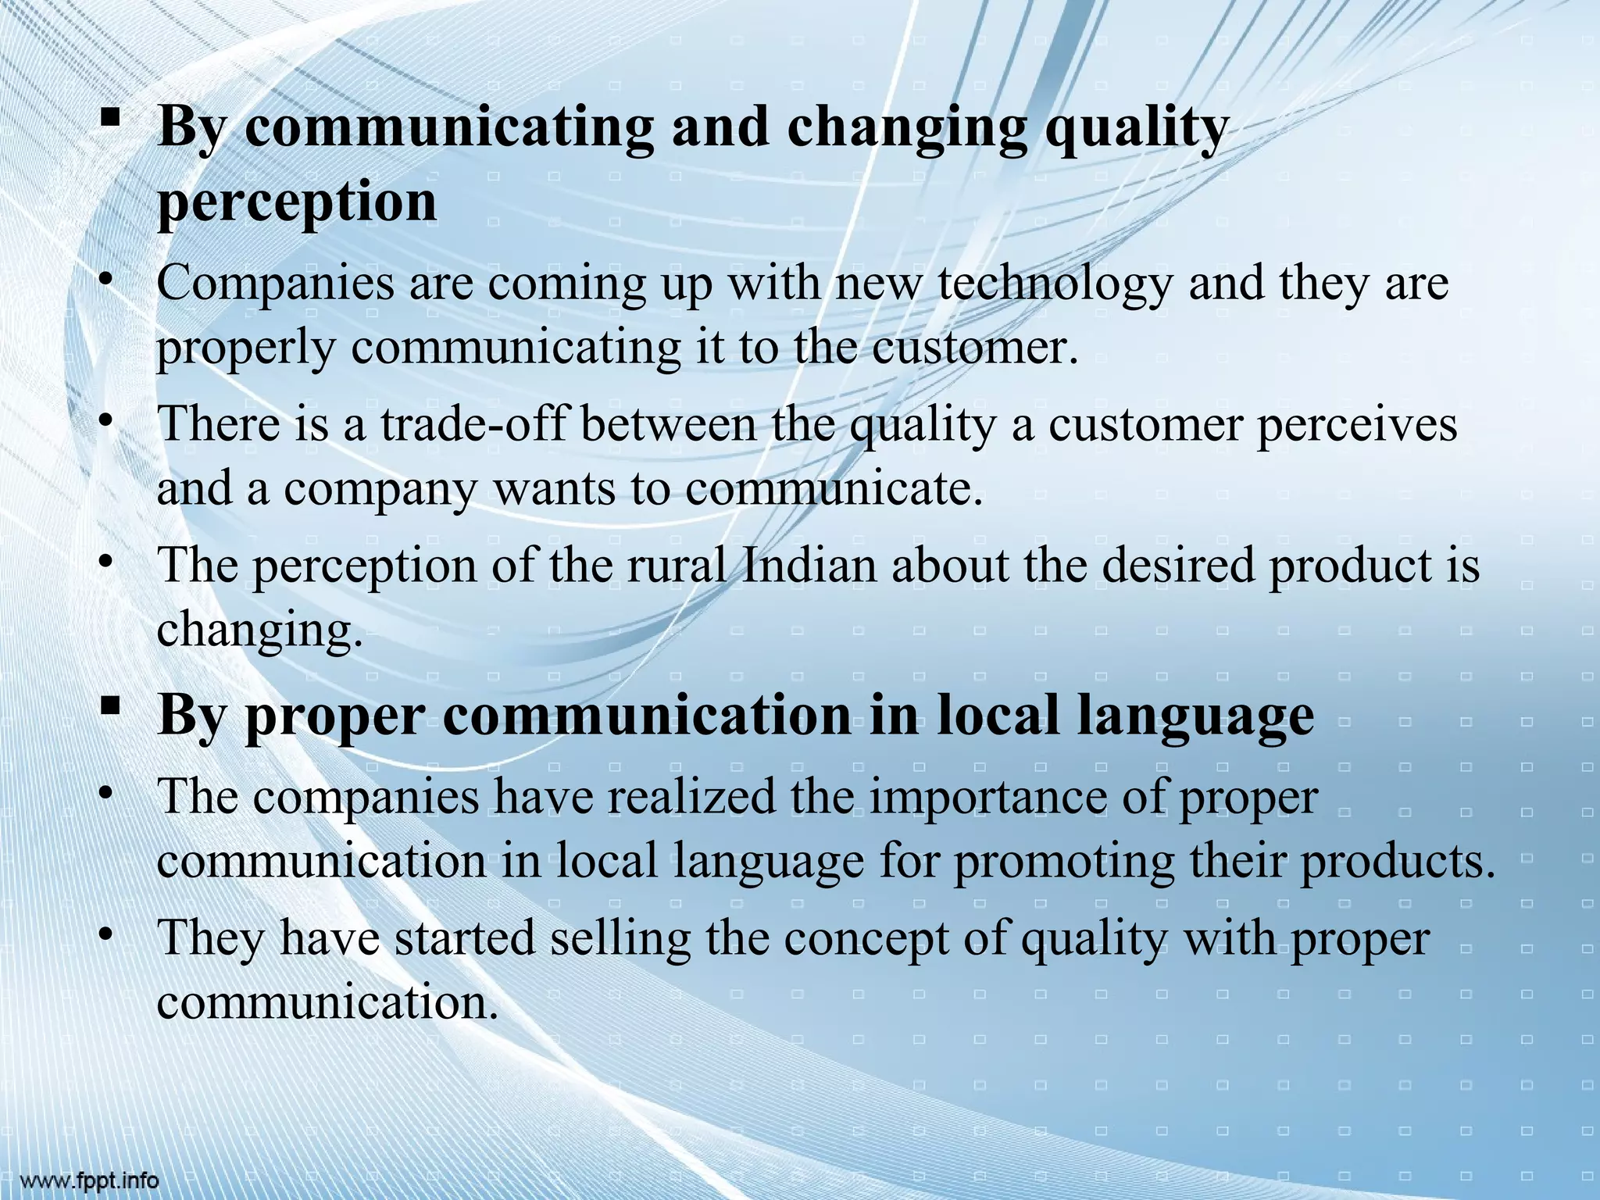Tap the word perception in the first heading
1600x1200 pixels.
click(297, 202)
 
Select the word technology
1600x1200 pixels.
click(1055, 283)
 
